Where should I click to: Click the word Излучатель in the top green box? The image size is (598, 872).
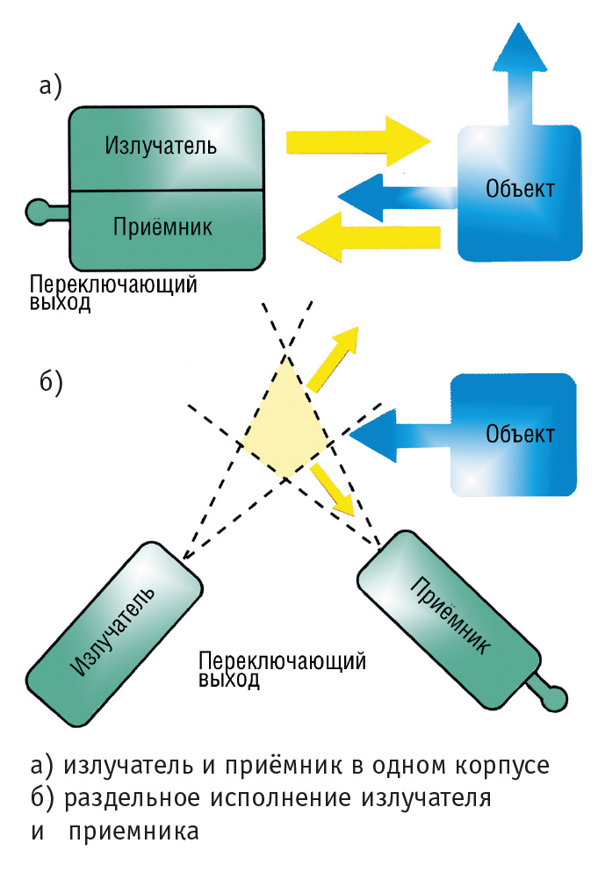point(160,144)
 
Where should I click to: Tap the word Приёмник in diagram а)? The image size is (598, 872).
point(163,227)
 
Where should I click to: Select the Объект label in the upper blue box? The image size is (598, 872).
point(521,190)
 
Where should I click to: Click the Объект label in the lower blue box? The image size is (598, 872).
point(521,434)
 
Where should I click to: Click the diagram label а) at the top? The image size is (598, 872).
point(51,85)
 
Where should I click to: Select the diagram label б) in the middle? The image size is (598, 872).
point(51,383)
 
